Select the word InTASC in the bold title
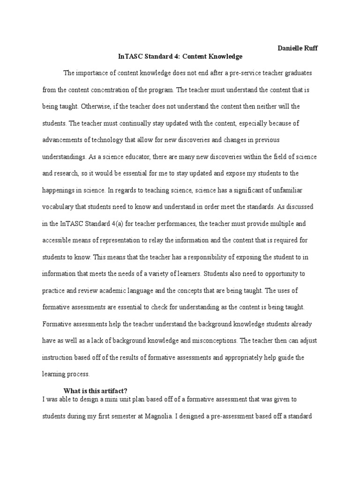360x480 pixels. pyautogui.click(x=128, y=57)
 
